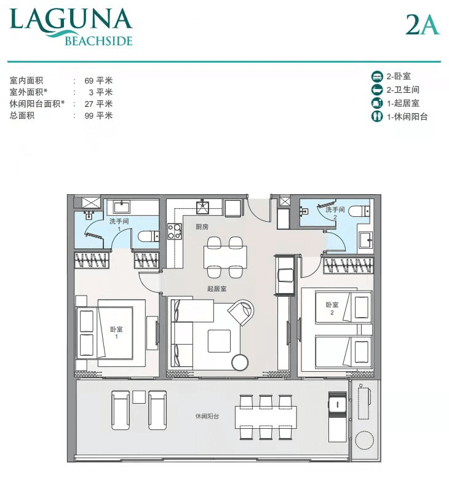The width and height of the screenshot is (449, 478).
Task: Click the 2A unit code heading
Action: point(423,25)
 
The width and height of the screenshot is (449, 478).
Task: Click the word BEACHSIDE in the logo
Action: point(98,41)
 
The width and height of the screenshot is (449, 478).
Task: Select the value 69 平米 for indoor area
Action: point(98,80)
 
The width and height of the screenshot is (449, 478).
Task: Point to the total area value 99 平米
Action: point(98,116)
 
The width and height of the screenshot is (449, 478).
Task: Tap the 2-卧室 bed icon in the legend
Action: point(377,76)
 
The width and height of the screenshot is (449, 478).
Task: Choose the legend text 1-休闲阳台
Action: point(407,117)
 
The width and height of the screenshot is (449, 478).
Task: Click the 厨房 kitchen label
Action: point(202,227)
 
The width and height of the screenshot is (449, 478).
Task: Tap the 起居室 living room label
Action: point(217,289)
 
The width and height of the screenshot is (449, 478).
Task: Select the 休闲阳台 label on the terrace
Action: point(207,416)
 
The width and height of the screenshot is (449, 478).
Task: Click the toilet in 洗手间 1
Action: point(148,237)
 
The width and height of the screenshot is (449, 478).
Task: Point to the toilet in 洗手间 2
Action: point(359,211)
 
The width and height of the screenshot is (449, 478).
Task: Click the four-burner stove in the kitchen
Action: point(174,232)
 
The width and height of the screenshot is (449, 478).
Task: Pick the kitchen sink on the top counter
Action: point(202,207)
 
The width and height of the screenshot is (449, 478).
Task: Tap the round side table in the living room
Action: point(240,362)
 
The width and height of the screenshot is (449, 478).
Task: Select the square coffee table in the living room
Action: point(219,341)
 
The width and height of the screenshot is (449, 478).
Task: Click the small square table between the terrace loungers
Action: point(139,398)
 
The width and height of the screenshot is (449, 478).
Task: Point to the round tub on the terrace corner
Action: point(365,440)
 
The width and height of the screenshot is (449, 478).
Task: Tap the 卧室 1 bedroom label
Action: point(116,332)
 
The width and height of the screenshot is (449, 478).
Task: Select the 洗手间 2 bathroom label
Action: point(335,213)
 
